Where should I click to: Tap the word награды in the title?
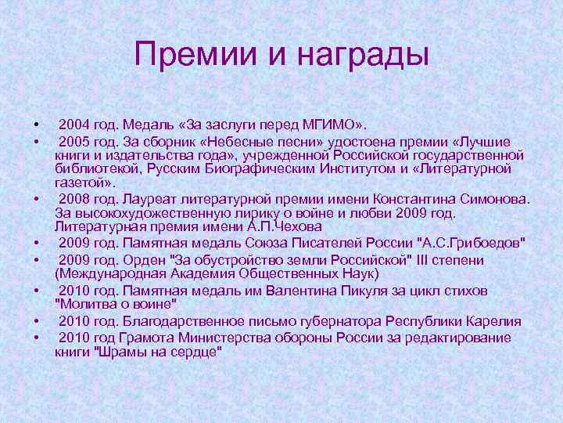[x=354, y=56]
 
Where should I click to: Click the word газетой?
[x=83, y=182]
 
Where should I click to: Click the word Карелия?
[x=497, y=322]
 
